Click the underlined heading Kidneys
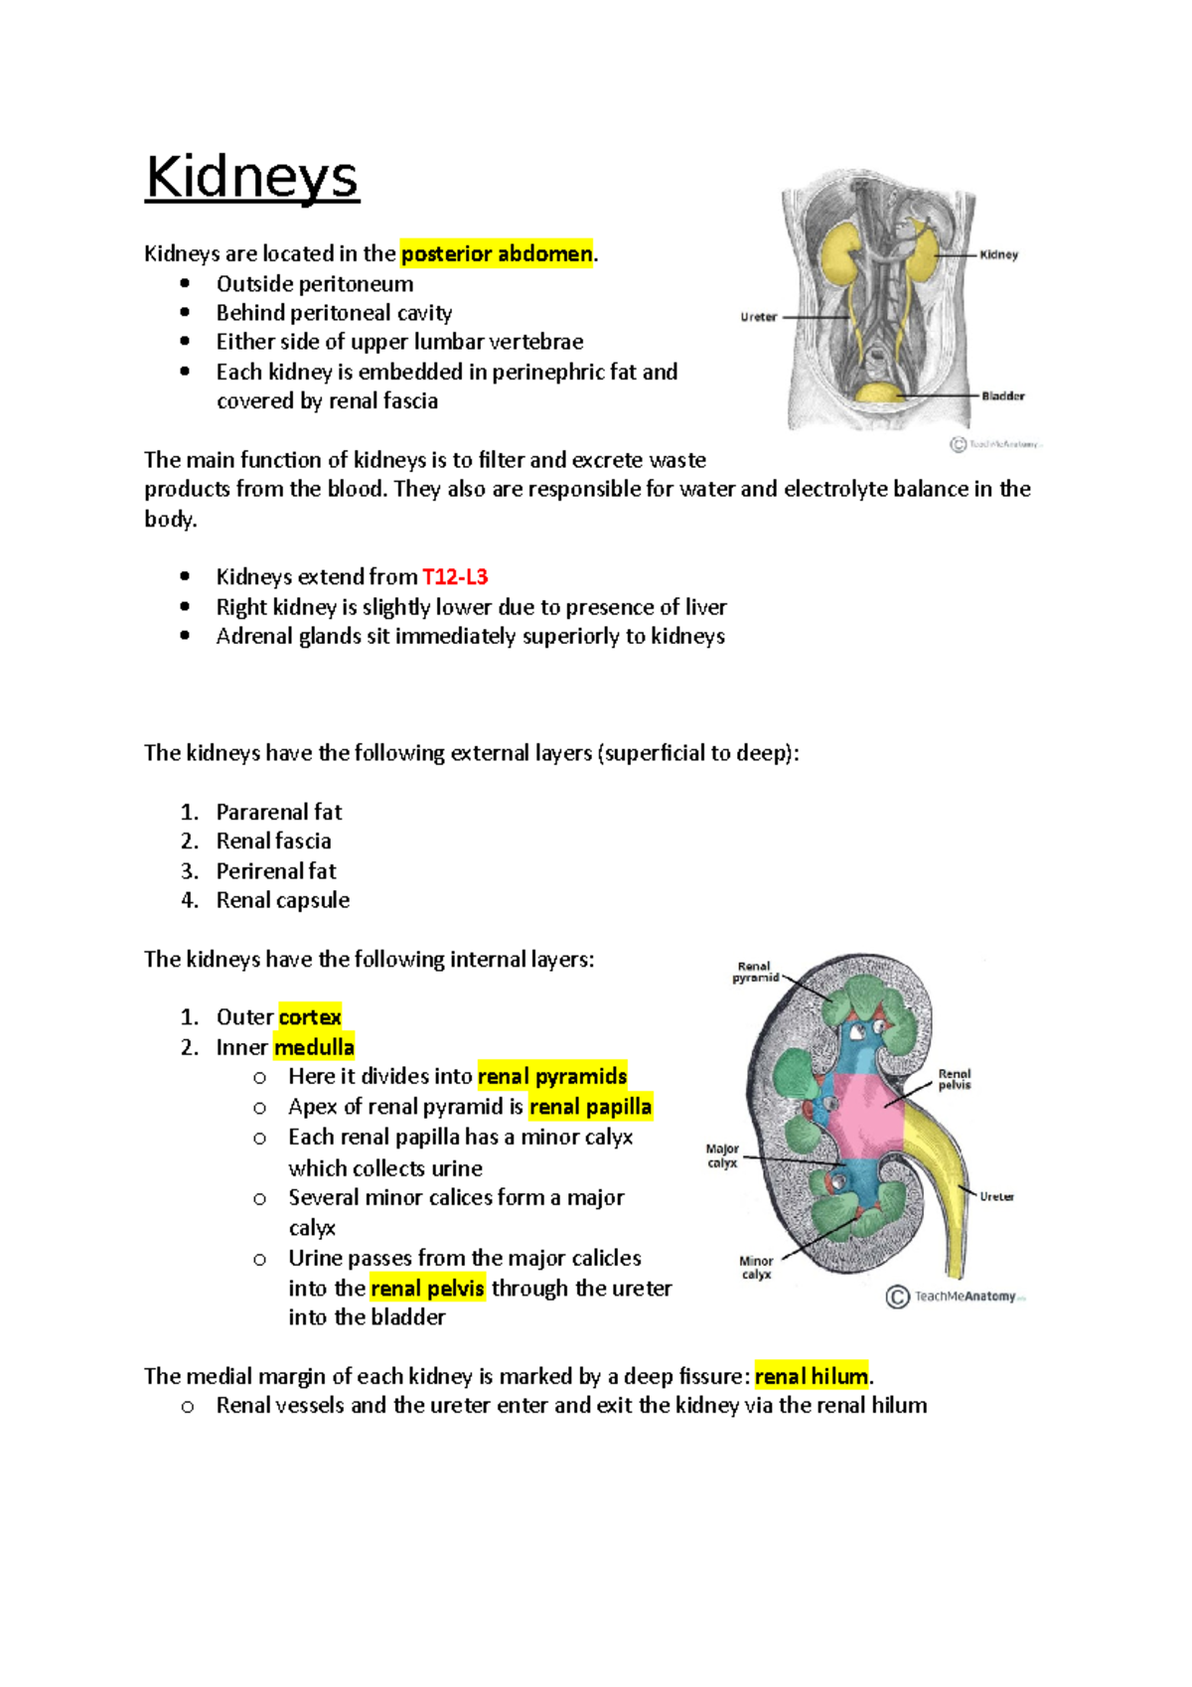point(252,178)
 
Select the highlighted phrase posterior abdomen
point(497,254)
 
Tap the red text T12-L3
point(455,577)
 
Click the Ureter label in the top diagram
point(758,317)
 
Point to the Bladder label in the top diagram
point(1002,396)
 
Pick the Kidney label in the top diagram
point(998,255)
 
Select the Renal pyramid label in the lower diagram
point(755,972)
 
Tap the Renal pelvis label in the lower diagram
point(955,1079)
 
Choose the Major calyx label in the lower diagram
point(722,1155)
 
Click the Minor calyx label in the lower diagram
point(756,1268)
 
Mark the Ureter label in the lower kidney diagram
point(996,1197)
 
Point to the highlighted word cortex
point(310,1017)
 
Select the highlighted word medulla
point(314,1047)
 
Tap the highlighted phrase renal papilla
point(590,1107)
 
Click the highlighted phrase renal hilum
point(811,1377)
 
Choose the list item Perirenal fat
point(276,871)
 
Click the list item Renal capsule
point(283,900)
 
